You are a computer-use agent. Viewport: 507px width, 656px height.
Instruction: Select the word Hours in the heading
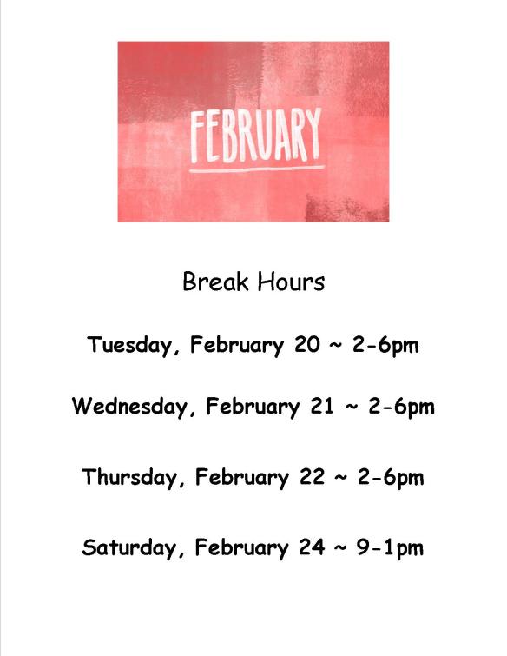tap(291, 282)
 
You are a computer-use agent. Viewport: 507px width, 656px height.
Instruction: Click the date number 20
tap(307, 346)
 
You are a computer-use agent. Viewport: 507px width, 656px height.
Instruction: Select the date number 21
tap(322, 407)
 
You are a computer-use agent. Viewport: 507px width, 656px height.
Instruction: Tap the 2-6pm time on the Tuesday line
tap(385, 346)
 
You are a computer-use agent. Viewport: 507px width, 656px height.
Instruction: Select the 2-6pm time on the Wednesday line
tap(401, 407)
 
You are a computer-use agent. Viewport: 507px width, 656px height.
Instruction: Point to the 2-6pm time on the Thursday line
tap(390, 478)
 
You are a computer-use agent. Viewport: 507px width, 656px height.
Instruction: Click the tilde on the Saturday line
tap(339, 548)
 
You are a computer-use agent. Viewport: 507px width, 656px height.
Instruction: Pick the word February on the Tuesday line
tap(237, 346)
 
